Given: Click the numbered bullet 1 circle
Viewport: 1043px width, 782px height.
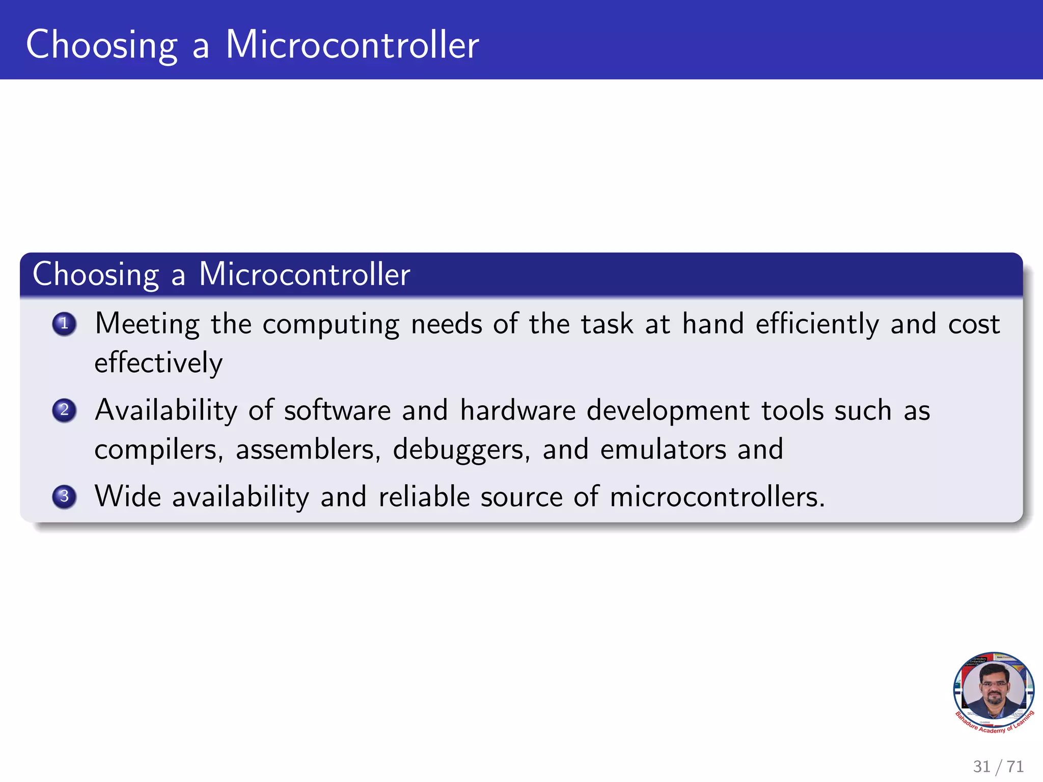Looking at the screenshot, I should tap(64, 324).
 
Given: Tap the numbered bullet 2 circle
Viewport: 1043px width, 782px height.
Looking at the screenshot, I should tap(64, 410).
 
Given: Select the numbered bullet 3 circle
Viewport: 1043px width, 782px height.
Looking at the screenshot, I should tap(64, 496).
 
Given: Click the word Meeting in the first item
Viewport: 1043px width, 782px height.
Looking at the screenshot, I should tap(147, 325).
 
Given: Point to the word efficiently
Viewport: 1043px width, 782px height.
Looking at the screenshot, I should tap(817, 325).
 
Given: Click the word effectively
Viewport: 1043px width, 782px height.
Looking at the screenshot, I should tap(158, 363).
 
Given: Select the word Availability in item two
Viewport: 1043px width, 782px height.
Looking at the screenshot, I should tap(166, 411).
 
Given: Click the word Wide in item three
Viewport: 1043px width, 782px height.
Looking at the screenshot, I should tap(128, 497).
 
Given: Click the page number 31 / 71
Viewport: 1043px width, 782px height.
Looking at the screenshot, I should tap(998, 766).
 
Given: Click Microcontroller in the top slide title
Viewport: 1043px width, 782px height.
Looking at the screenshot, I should tap(352, 45).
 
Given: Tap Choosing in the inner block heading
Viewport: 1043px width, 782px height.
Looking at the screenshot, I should tap(96, 275).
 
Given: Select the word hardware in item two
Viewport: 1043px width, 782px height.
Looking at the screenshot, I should tap(517, 411).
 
